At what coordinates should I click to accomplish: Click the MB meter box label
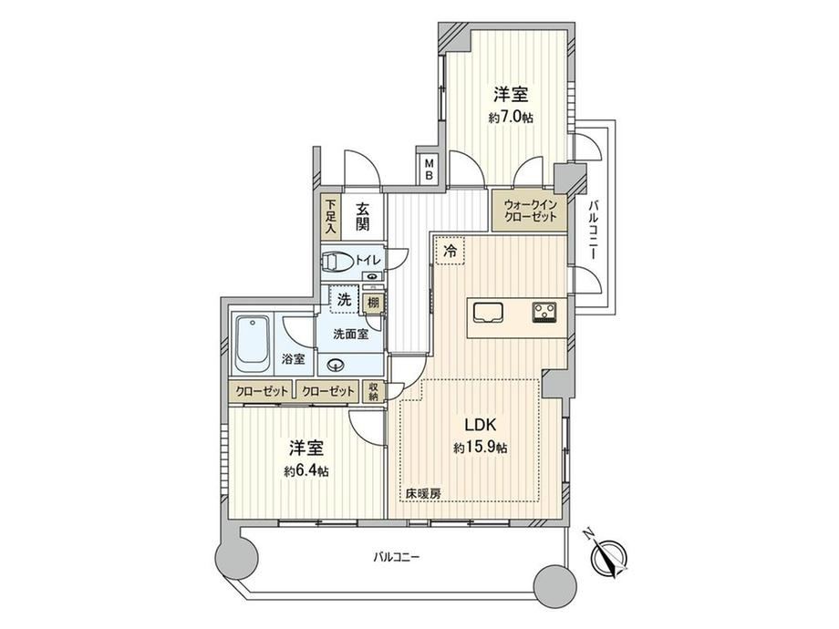pyautogui.click(x=429, y=168)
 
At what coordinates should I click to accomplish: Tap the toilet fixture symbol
pyautogui.click(x=337, y=263)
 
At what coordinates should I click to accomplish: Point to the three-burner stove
pyautogui.click(x=544, y=312)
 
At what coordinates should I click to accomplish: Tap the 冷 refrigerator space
pyautogui.click(x=451, y=251)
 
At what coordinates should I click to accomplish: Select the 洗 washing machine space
pyautogui.click(x=344, y=300)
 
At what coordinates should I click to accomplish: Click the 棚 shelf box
pyautogui.click(x=373, y=303)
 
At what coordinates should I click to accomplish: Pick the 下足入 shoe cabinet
pyautogui.click(x=331, y=217)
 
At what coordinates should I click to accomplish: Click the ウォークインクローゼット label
pyautogui.click(x=530, y=211)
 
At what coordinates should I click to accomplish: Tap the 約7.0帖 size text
pyautogui.click(x=510, y=118)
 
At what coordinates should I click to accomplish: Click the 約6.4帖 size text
pyautogui.click(x=306, y=471)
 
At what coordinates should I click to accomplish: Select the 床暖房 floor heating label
pyautogui.click(x=423, y=494)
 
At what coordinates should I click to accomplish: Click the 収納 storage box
pyautogui.click(x=373, y=391)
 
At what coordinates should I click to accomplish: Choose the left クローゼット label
pyautogui.click(x=262, y=391)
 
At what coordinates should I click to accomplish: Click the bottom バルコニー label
pyautogui.click(x=397, y=557)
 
